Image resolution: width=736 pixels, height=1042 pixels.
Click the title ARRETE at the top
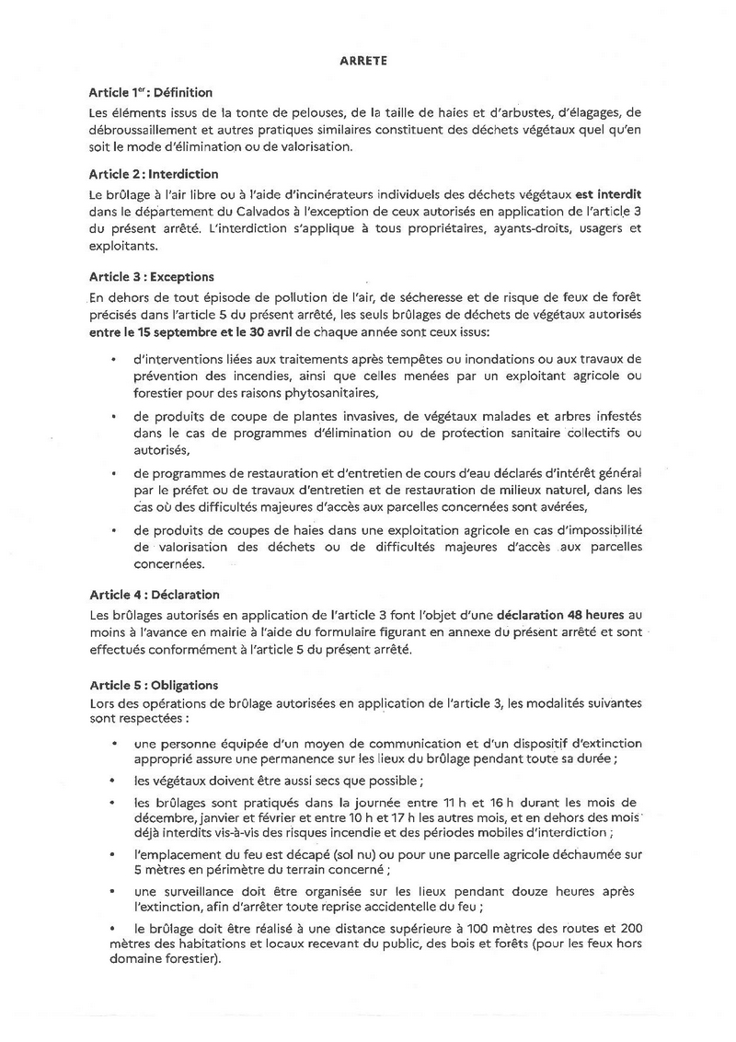point(367,60)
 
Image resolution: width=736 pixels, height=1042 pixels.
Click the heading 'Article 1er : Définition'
point(151,93)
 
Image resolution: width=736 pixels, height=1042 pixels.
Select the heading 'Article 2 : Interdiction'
point(153,174)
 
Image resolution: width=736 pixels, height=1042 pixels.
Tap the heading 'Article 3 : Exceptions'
point(151,275)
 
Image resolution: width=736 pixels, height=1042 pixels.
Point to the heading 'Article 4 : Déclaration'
point(154,595)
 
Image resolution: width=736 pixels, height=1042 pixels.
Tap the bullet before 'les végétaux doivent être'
point(113,781)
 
